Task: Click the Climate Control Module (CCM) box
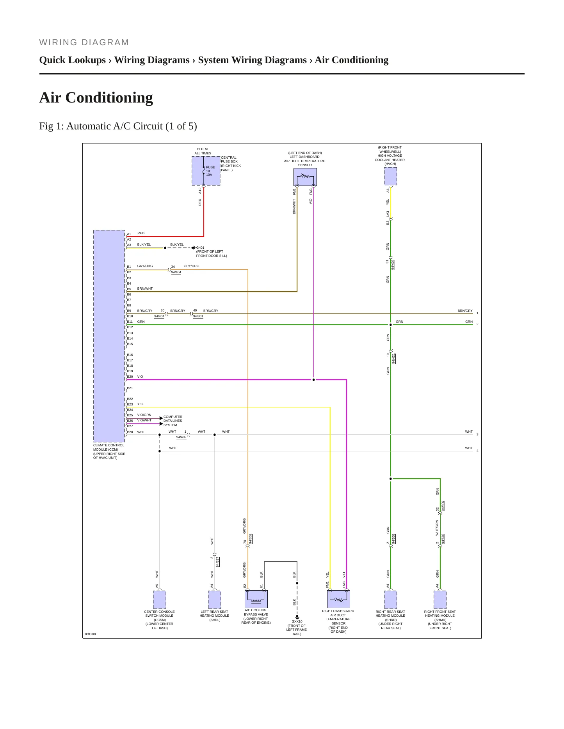[x=109, y=336]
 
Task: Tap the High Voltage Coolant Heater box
[x=391, y=176]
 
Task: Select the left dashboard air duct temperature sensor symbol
[x=305, y=177]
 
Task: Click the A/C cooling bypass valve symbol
[x=256, y=599]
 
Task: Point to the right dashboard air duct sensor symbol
[x=338, y=599]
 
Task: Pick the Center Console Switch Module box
[x=160, y=600]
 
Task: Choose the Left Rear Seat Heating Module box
[x=215, y=600]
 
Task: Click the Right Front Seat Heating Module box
[x=440, y=600]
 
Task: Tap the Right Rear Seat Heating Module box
[x=391, y=600]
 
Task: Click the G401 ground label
[x=200, y=248]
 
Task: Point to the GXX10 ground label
[x=297, y=621]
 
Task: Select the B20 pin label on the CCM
[x=130, y=377]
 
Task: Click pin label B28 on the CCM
[x=130, y=432]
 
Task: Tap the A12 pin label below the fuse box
[x=200, y=191]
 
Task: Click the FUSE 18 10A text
[x=210, y=171]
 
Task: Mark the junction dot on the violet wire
[x=313, y=380]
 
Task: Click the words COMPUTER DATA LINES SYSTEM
[x=173, y=421]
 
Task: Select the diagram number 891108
[x=90, y=634]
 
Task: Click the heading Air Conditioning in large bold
[x=96, y=97]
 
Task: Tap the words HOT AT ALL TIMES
[x=203, y=151]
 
